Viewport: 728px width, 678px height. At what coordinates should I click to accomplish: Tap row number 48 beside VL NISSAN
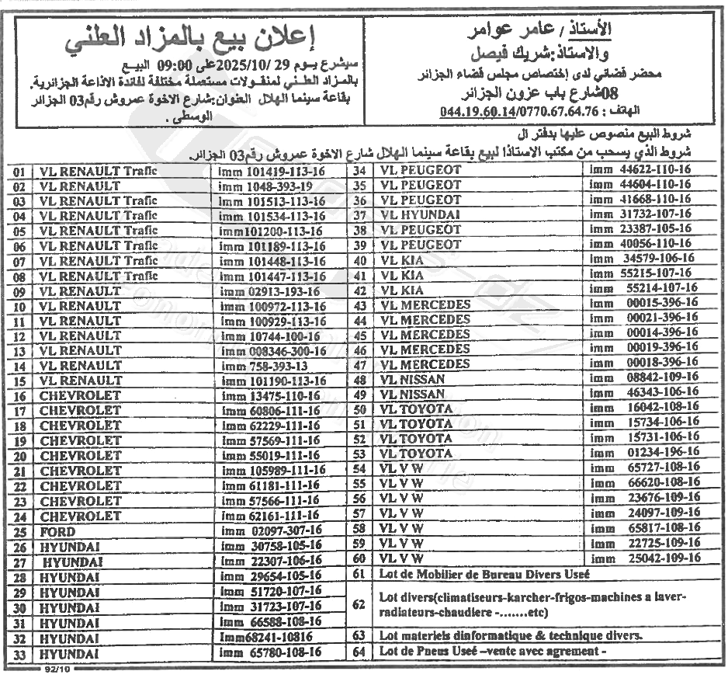coord(359,380)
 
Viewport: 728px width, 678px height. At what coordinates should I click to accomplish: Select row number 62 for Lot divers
coord(359,603)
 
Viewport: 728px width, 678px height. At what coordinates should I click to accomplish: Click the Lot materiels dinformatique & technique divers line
coord(509,635)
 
